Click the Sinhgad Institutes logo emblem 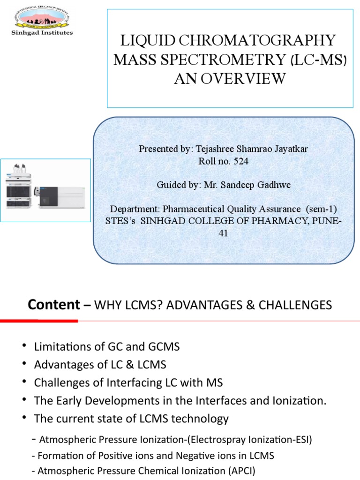pos(42,17)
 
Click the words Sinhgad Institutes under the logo pos(42,33)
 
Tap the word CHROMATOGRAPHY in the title pos(261,41)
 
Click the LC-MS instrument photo pos(46,189)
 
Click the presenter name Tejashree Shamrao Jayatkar pos(254,149)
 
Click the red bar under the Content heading pos(39,321)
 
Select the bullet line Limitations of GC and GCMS pos(107,347)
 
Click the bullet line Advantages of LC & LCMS pos(100,365)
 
